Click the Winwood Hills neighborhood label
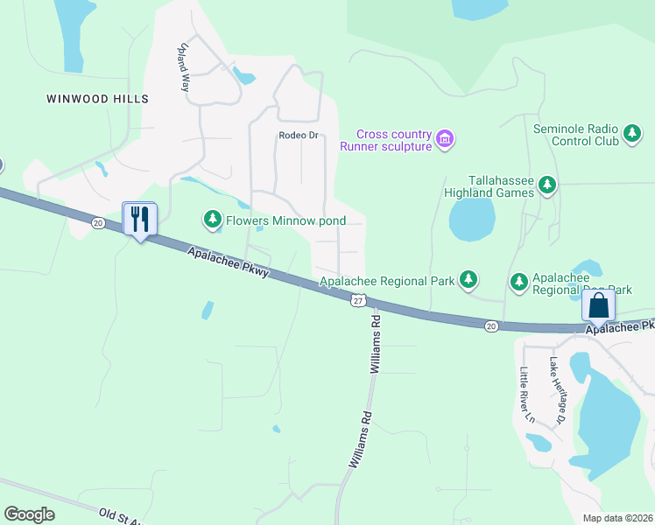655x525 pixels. tap(97, 99)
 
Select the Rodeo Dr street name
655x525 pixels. tap(298, 136)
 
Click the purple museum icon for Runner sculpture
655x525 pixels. tap(445, 138)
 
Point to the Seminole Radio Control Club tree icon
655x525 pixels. tap(632, 135)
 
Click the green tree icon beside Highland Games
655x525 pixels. tap(547, 185)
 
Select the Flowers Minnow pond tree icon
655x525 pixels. tap(211, 218)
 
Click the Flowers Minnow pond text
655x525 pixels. tap(285, 220)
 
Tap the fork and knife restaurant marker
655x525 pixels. tap(139, 219)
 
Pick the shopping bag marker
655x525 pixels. tap(599, 305)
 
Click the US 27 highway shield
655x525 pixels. tap(357, 300)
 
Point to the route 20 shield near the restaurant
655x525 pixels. tap(96, 224)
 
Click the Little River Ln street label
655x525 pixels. tap(527, 395)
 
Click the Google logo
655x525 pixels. tap(29, 514)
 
